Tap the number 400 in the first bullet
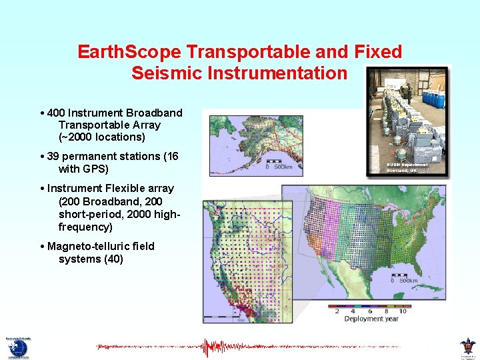[x=56, y=113]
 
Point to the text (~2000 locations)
[x=101, y=137]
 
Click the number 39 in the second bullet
[x=54, y=157]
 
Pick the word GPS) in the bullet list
[x=95, y=169]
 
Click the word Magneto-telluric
[x=87, y=247]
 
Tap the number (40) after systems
[x=111, y=259]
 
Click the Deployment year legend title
[x=371, y=319]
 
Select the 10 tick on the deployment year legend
[x=402, y=311]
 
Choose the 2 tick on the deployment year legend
[x=337, y=311]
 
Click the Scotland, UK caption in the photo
[x=402, y=171]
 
